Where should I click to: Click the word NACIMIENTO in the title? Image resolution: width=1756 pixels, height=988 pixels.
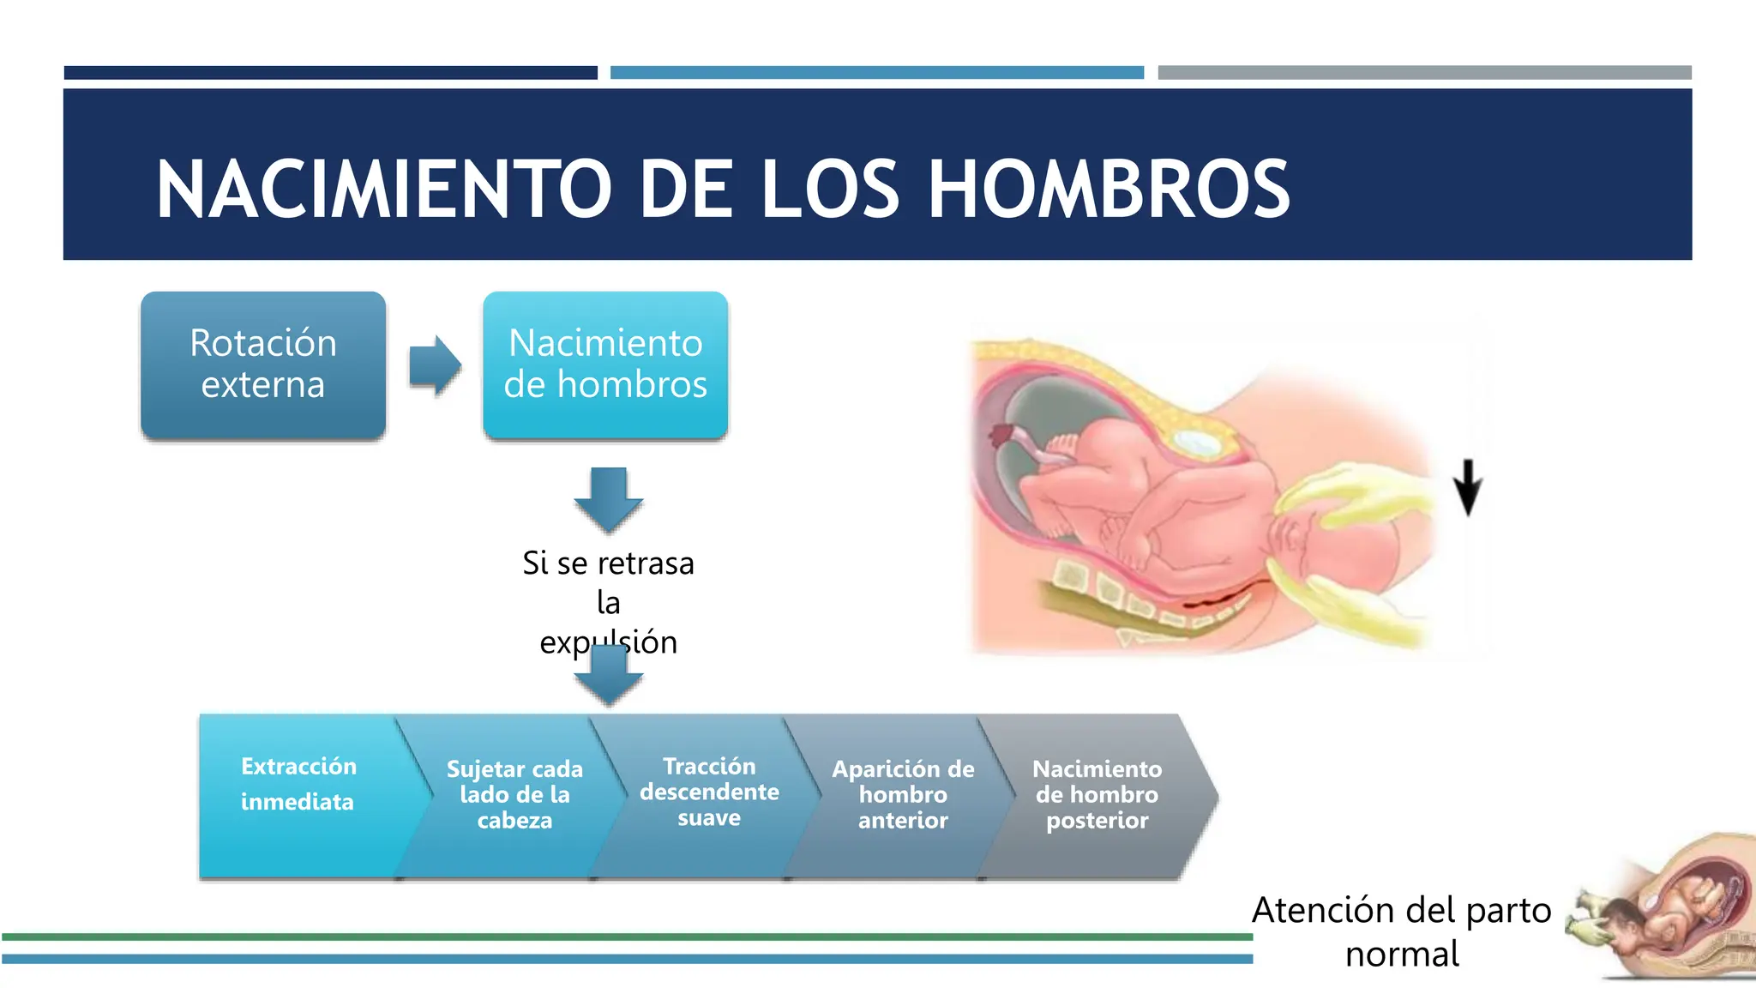point(384,190)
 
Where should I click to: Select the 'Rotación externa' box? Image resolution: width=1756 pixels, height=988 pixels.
point(263,364)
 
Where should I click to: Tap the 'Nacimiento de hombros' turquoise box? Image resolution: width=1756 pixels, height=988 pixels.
point(605,364)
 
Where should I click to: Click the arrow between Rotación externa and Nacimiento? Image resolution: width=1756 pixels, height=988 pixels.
point(435,365)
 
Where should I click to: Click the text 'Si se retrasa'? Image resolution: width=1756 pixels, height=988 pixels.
point(608,563)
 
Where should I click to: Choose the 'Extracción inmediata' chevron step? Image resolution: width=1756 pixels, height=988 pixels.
point(298,785)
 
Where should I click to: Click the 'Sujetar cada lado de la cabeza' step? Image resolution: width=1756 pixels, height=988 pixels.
point(514,794)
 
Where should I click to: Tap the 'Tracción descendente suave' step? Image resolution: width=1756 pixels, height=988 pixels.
point(709,792)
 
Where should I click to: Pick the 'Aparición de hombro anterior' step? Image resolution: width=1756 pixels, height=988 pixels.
point(903,794)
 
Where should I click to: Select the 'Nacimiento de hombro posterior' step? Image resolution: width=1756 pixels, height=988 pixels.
point(1097,794)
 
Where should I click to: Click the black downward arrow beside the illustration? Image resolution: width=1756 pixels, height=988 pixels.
point(1468,487)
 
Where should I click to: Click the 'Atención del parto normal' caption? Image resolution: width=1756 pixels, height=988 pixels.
point(1402,931)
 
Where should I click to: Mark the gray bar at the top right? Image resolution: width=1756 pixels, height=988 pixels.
point(1424,73)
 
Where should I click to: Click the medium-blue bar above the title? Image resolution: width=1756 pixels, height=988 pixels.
point(876,73)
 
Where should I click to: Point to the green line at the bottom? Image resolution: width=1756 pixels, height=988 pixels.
point(626,937)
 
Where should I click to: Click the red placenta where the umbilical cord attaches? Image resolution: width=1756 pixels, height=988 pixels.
point(1000,435)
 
